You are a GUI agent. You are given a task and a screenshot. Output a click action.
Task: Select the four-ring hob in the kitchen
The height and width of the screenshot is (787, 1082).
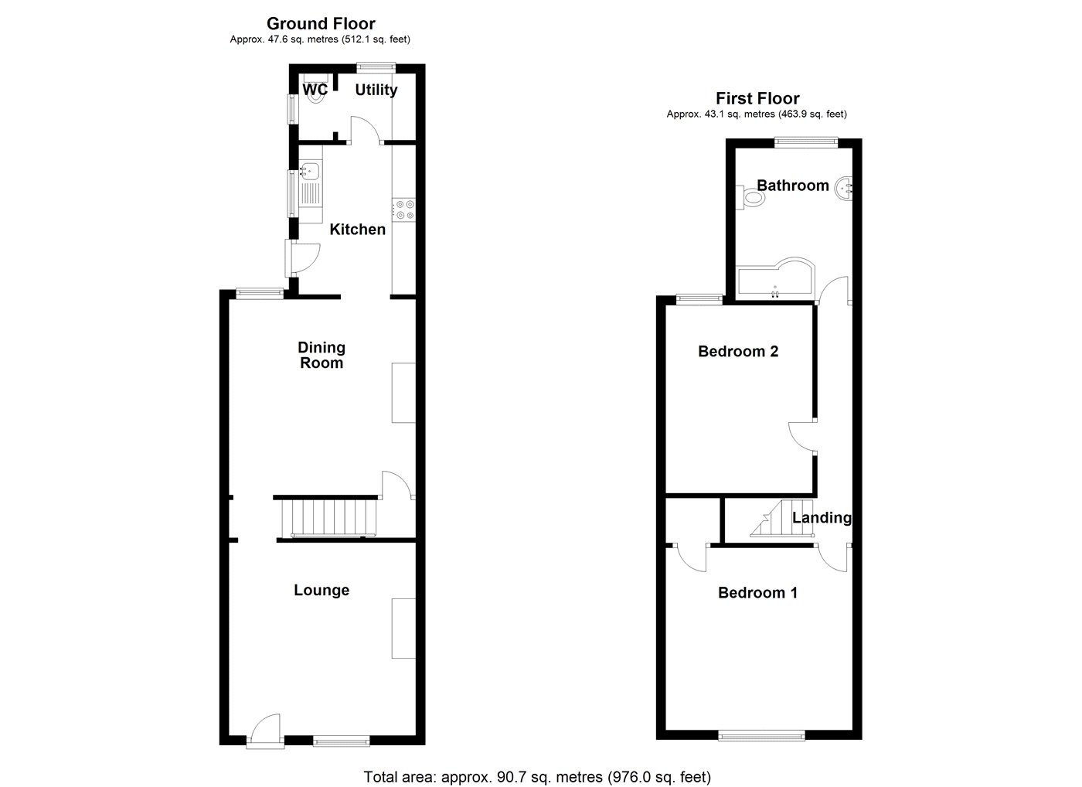tap(403, 210)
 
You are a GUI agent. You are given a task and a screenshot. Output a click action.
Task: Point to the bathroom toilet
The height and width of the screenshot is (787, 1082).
tap(750, 198)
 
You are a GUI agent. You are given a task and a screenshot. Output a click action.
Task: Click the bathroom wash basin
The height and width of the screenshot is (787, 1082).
tap(843, 189)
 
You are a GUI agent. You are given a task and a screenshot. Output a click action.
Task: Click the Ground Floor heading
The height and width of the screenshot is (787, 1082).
tap(321, 24)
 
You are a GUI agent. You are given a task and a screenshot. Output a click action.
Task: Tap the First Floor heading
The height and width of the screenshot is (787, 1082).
tap(757, 98)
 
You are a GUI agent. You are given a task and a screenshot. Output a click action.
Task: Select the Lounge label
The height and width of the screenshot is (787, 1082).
tap(322, 590)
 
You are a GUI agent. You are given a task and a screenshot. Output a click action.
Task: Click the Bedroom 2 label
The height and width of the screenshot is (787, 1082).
tap(738, 351)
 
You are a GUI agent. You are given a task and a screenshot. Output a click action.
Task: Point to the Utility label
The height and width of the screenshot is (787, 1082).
tap(376, 90)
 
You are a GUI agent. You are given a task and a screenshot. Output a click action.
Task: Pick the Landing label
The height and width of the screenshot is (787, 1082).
tap(822, 518)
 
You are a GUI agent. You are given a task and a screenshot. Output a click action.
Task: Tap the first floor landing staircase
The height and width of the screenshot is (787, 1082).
tap(782, 519)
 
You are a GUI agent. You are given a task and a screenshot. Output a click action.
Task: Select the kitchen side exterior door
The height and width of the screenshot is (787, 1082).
tap(302, 259)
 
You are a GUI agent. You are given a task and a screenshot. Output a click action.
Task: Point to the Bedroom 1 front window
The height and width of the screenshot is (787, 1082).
tap(762, 736)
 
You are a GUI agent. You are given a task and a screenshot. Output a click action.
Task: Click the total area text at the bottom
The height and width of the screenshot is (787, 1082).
tap(537, 777)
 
